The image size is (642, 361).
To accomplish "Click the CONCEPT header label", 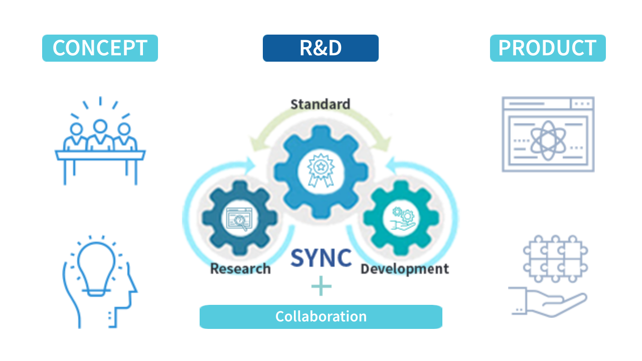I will tap(100, 48).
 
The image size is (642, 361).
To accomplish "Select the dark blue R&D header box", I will tap(320, 48).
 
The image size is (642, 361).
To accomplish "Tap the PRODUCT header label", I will tap(547, 48).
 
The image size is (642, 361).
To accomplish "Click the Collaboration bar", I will tap(321, 317).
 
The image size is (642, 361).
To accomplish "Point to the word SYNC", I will tap(321, 258).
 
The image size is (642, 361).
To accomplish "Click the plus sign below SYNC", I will tap(321, 286).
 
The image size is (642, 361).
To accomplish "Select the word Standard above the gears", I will tap(320, 104).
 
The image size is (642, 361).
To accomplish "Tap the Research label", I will tap(240, 269).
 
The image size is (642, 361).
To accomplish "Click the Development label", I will tap(404, 269).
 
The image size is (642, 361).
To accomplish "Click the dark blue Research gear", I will tap(240, 218).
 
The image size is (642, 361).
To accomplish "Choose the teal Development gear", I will tap(402, 218).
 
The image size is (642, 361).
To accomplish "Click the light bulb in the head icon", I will tap(97, 266).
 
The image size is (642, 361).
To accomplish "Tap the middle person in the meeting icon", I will tap(100, 133).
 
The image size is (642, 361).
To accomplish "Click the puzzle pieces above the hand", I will tap(555, 258).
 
